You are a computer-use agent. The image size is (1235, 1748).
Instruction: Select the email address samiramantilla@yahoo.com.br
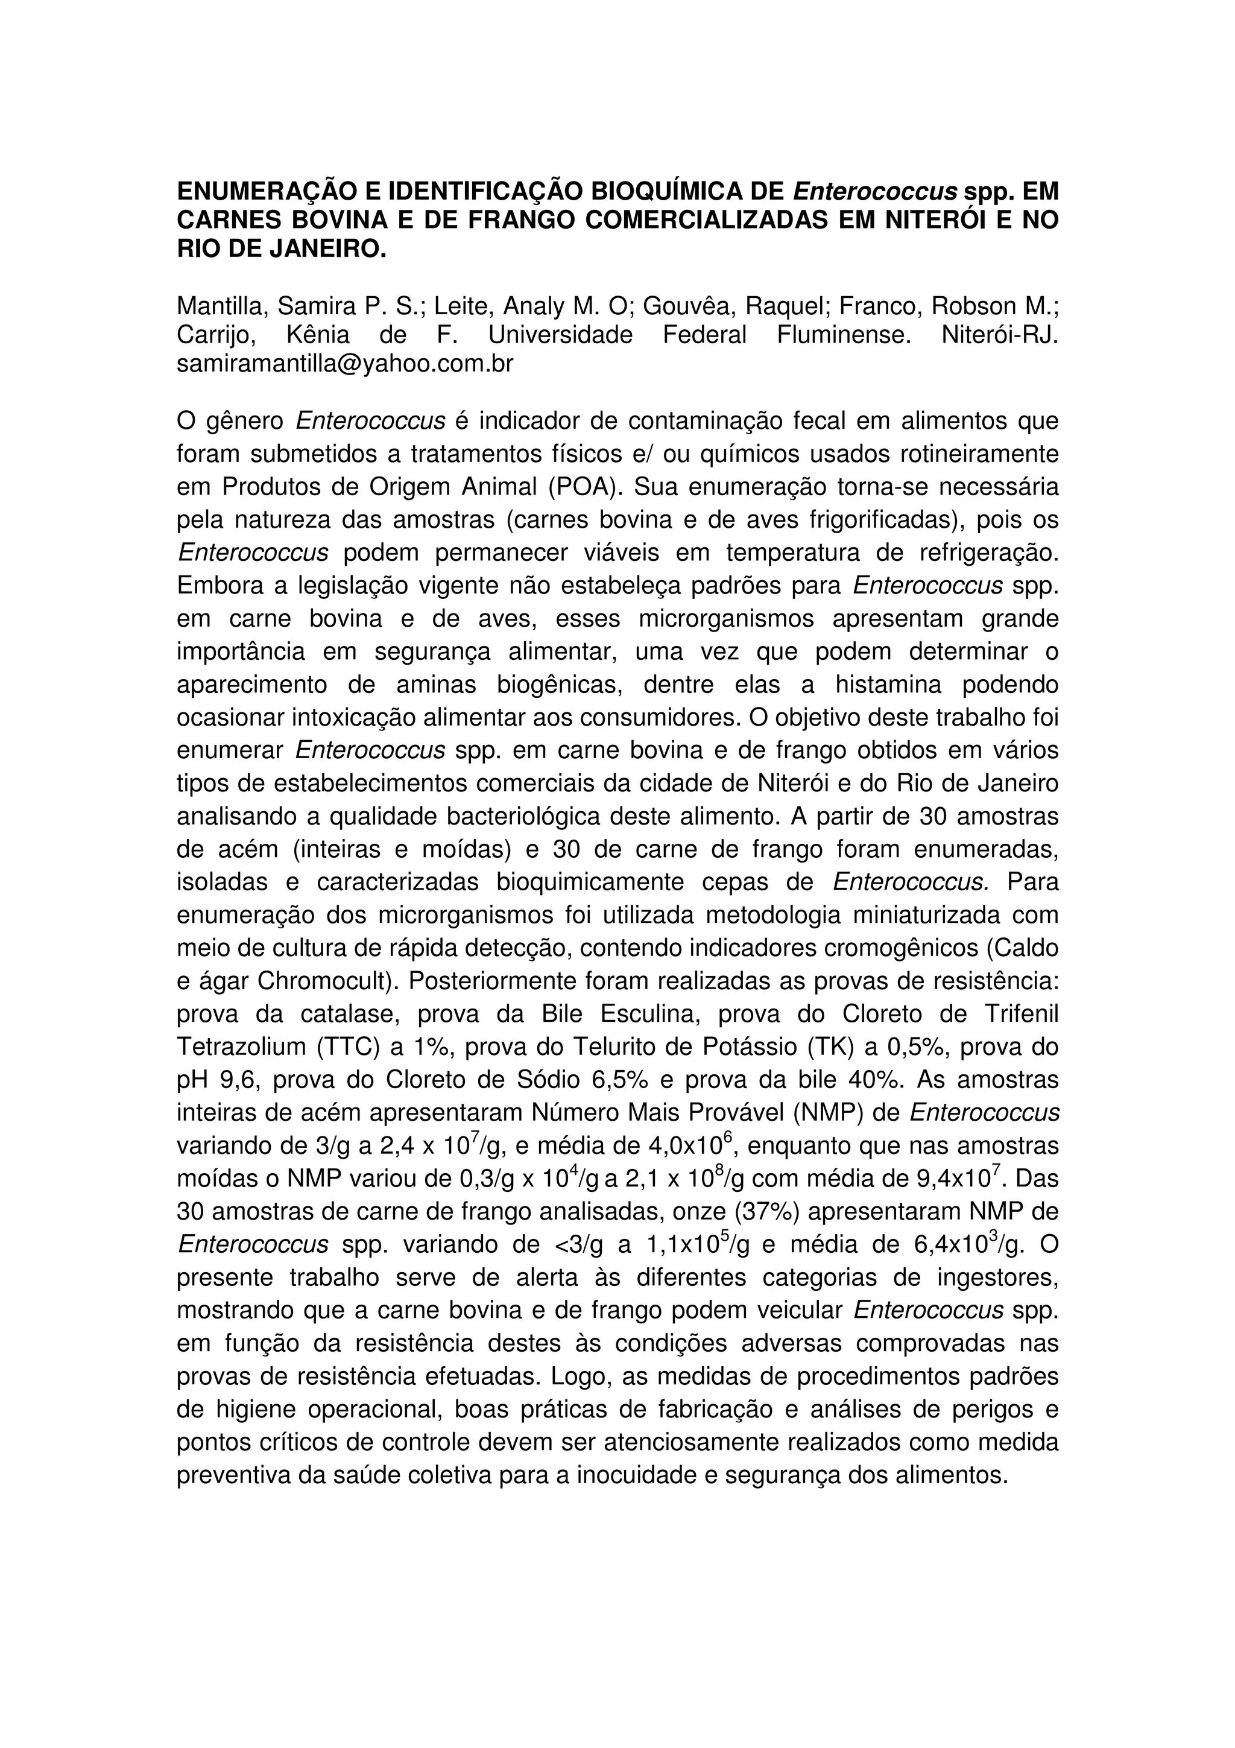pos(345,364)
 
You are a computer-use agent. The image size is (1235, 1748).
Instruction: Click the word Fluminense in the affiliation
pos(843,335)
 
